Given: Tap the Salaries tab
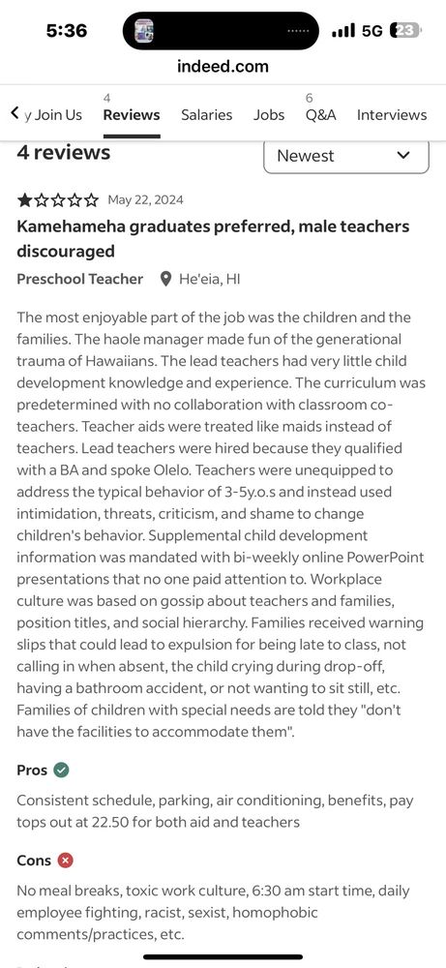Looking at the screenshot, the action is pos(206,114).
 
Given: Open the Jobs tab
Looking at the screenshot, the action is pos(269,114).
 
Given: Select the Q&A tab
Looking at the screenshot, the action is pos(320,114).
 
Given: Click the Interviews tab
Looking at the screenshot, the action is pos(391,114).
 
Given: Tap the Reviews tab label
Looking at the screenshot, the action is pos(131,114).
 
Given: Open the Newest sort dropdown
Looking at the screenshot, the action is pos(345,156).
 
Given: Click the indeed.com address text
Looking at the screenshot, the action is pos(223,66).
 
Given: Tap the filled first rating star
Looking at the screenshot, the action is pos(25,200).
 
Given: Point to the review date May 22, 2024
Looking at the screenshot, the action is pos(145,200).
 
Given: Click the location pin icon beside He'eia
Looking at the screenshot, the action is pos(165,279).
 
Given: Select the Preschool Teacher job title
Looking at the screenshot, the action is pos(79,279).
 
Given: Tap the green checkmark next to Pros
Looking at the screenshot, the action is pos(62,771).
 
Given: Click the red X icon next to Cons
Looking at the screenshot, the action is pos(65,860).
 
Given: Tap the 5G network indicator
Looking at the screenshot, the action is pos(372,31).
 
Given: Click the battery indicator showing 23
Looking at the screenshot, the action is pos(404,31).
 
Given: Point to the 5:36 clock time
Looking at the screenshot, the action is pos(67,31).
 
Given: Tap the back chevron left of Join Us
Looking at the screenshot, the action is pos(15,113).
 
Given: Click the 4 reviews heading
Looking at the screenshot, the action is pos(64,152).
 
